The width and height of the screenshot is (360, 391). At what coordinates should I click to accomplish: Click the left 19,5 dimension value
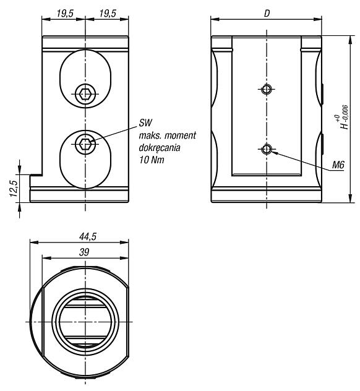click(65, 13)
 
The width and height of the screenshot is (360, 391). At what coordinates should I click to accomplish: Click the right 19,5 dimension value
click(108, 13)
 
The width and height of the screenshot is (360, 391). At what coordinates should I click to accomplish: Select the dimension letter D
click(267, 14)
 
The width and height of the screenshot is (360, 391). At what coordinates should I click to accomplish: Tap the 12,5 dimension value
click(14, 188)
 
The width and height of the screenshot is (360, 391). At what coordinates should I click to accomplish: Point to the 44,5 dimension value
click(88, 236)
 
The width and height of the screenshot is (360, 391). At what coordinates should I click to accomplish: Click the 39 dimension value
click(84, 252)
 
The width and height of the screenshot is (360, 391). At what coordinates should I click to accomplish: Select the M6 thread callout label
click(338, 165)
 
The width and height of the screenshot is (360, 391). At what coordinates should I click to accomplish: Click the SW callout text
click(145, 122)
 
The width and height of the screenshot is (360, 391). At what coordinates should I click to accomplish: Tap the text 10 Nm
click(152, 160)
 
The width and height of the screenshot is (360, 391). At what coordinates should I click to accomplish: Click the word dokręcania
click(160, 148)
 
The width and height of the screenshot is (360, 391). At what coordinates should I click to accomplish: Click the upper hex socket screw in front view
click(85, 94)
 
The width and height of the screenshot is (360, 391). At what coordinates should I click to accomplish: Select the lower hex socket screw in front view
click(85, 144)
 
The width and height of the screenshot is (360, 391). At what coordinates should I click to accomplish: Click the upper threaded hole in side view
click(267, 88)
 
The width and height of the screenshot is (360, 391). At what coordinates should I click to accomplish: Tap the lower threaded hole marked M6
click(267, 149)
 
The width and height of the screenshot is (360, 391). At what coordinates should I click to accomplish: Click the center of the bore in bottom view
click(85, 322)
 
